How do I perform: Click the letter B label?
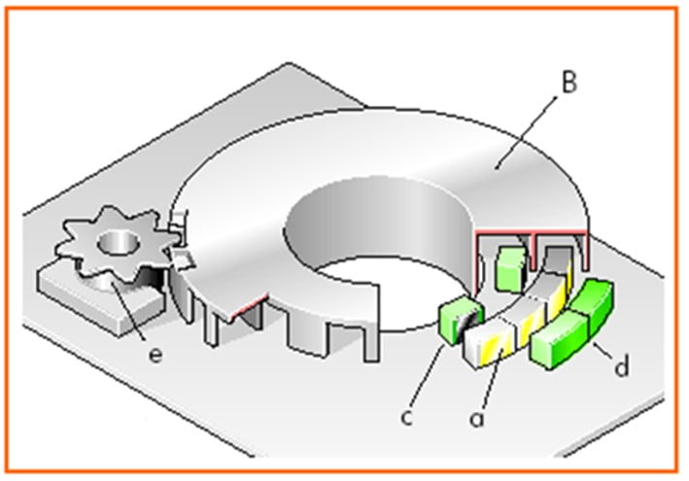click(x=569, y=82)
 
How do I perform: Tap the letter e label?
click(x=155, y=355)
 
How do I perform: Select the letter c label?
click(x=407, y=417)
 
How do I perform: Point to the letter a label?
click(x=477, y=418)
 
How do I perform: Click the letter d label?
click(x=621, y=365)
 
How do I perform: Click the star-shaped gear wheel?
click(x=118, y=244)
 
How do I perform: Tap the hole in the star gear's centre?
click(x=119, y=243)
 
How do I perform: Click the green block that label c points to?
click(x=461, y=320)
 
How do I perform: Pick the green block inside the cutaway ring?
click(x=510, y=268)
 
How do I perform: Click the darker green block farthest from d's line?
click(x=591, y=302)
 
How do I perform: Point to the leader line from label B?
click(x=526, y=133)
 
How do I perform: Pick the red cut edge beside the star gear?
click(x=249, y=306)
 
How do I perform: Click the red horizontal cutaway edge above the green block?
click(x=531, y=231)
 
